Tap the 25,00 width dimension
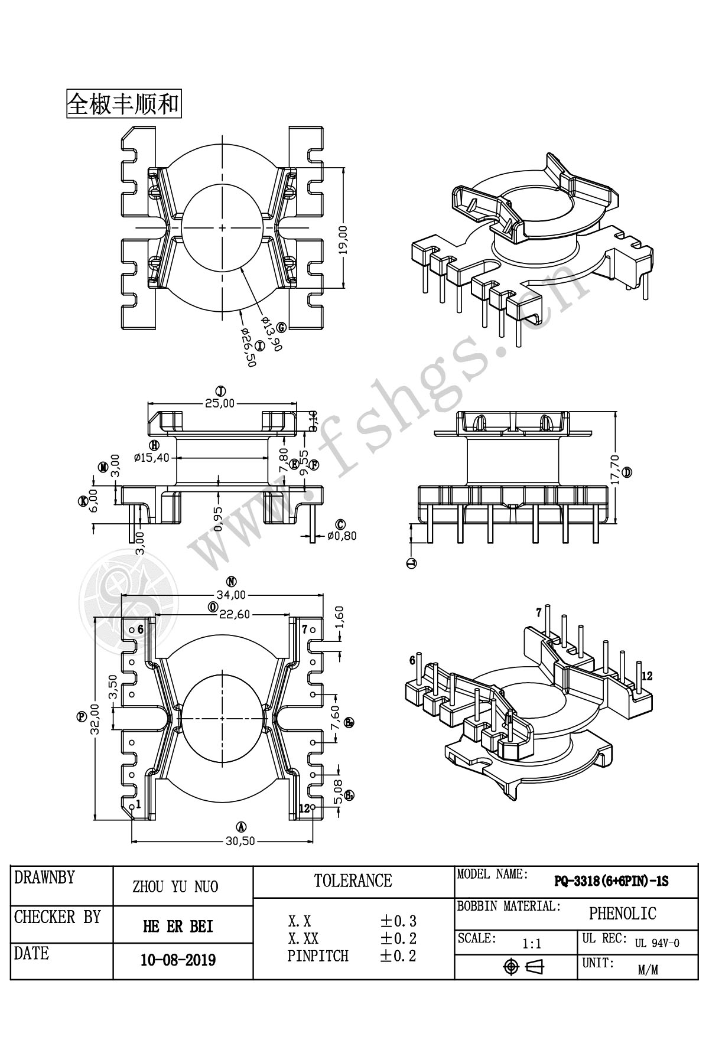pos(220,403)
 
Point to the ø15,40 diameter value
pos(152,457)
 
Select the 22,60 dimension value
pos(235,614)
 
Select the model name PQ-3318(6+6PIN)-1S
pos(611,882)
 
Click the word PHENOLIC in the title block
pos(622,914)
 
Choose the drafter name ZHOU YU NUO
pos(175,886)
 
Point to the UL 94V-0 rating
pos(657,943)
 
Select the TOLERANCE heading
pos(353,881)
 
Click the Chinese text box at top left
pos(123,104)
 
